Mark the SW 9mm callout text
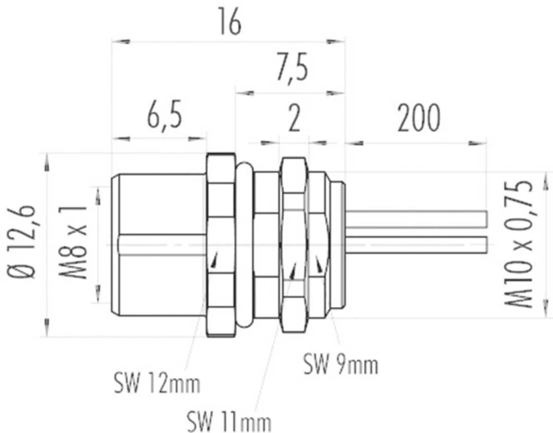341,365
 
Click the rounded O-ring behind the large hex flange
244,244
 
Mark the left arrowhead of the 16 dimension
119,42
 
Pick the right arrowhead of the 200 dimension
479,143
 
